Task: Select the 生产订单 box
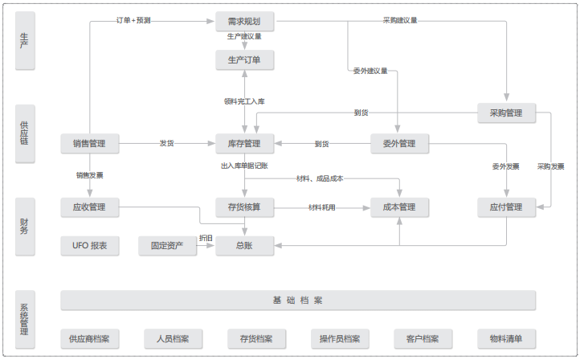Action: (244, 59)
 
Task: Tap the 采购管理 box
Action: (506, 113)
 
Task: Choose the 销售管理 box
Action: (90, 144)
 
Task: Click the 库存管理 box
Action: (244, 144)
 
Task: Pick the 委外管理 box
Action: (399, 144)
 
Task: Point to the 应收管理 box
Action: (90, 207)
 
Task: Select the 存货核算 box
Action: (244, 207)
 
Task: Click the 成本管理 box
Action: (399, 207)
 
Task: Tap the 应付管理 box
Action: (506, 207)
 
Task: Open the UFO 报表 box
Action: (90, 246)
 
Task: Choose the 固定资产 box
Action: (167, 246)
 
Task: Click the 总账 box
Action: (244, 246)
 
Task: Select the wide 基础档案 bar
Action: (297, 301)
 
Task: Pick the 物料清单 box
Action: (506, 338)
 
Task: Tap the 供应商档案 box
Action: (90, 338)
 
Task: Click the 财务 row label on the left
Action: (25, 226)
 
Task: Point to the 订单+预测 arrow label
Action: (133, 20)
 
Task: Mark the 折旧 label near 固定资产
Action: (206, 238)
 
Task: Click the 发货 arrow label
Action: (167, 144)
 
